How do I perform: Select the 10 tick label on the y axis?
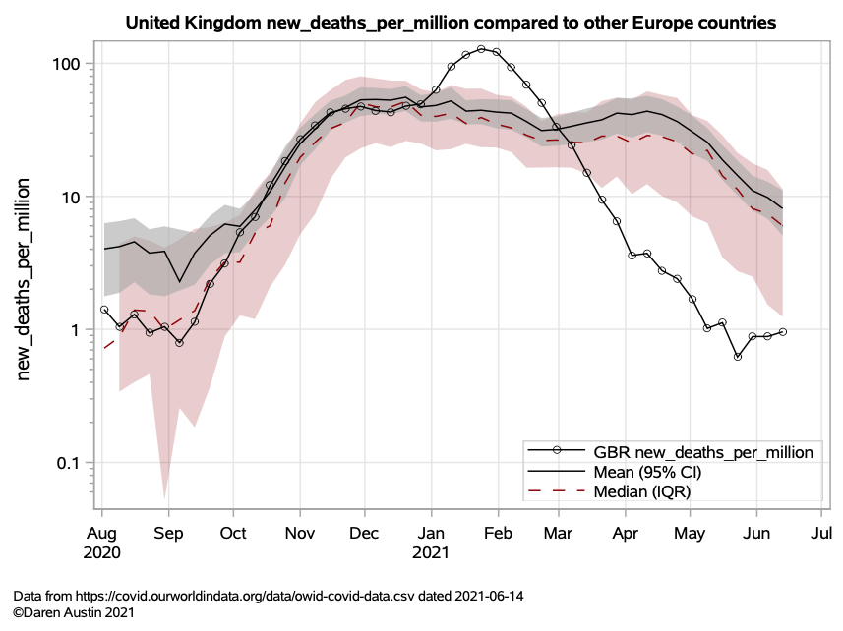71,197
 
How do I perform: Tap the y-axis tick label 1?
76,330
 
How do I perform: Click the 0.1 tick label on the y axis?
69,463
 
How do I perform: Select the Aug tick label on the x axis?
101,534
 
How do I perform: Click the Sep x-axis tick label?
168,534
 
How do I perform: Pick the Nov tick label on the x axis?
299,534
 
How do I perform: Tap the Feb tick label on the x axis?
498,534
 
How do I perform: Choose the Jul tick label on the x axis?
820,534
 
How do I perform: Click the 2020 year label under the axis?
101,552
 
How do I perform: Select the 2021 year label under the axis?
430,552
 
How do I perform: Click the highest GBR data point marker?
481,49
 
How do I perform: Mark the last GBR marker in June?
783,332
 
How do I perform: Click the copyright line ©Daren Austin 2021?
75,612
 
